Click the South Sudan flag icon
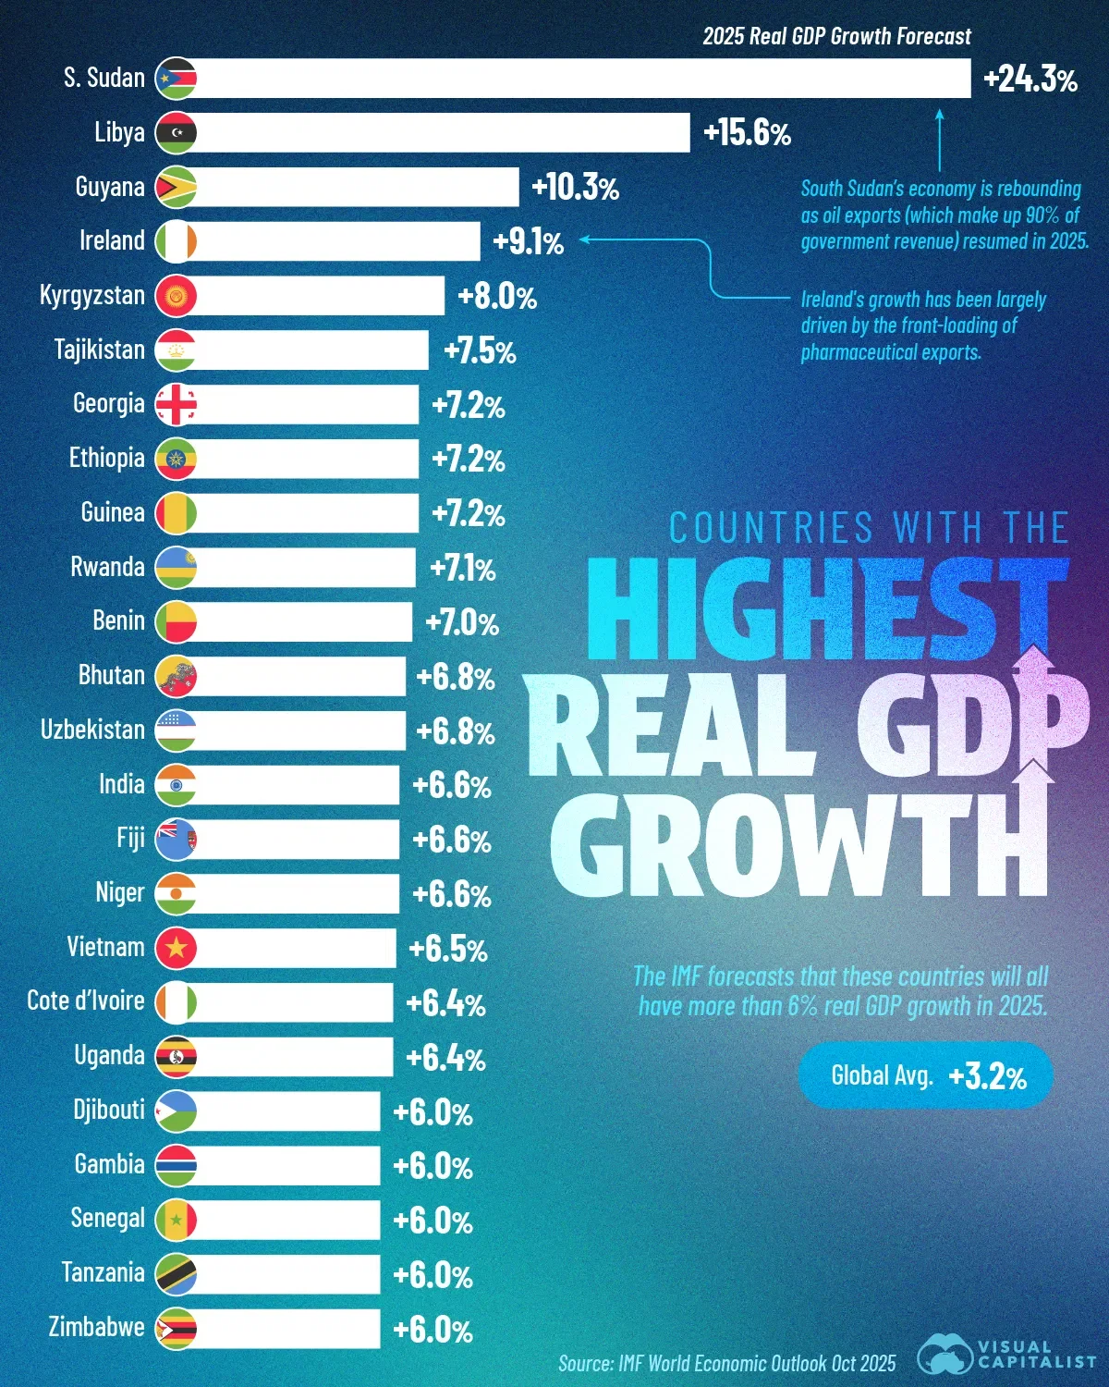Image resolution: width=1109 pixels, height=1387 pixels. (176, 79)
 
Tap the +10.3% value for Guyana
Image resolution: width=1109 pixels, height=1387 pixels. (575, 188)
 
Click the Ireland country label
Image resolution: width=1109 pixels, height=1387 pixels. (112, 240)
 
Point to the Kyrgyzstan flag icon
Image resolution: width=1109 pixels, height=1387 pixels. (176, 296)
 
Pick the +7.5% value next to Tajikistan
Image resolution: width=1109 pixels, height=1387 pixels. (480, 351)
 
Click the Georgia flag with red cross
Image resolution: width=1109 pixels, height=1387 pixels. (176, 405)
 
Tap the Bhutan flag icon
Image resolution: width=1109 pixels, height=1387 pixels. (176, 676)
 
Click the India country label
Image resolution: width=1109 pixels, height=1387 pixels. (121, 784)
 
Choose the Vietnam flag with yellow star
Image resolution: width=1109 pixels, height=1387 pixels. (176, 948)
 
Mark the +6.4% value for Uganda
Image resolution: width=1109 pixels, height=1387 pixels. (445, 1057)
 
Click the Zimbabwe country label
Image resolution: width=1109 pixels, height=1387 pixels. (96, 1327)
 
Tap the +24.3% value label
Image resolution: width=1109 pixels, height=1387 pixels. (1030, 80)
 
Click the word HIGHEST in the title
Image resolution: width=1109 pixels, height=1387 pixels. (827, 608)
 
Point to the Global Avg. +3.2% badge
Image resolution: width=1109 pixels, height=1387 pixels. (925, 1075)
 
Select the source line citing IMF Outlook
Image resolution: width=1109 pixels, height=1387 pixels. (726, 1363)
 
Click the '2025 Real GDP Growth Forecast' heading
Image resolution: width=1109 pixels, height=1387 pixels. (836, 36)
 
